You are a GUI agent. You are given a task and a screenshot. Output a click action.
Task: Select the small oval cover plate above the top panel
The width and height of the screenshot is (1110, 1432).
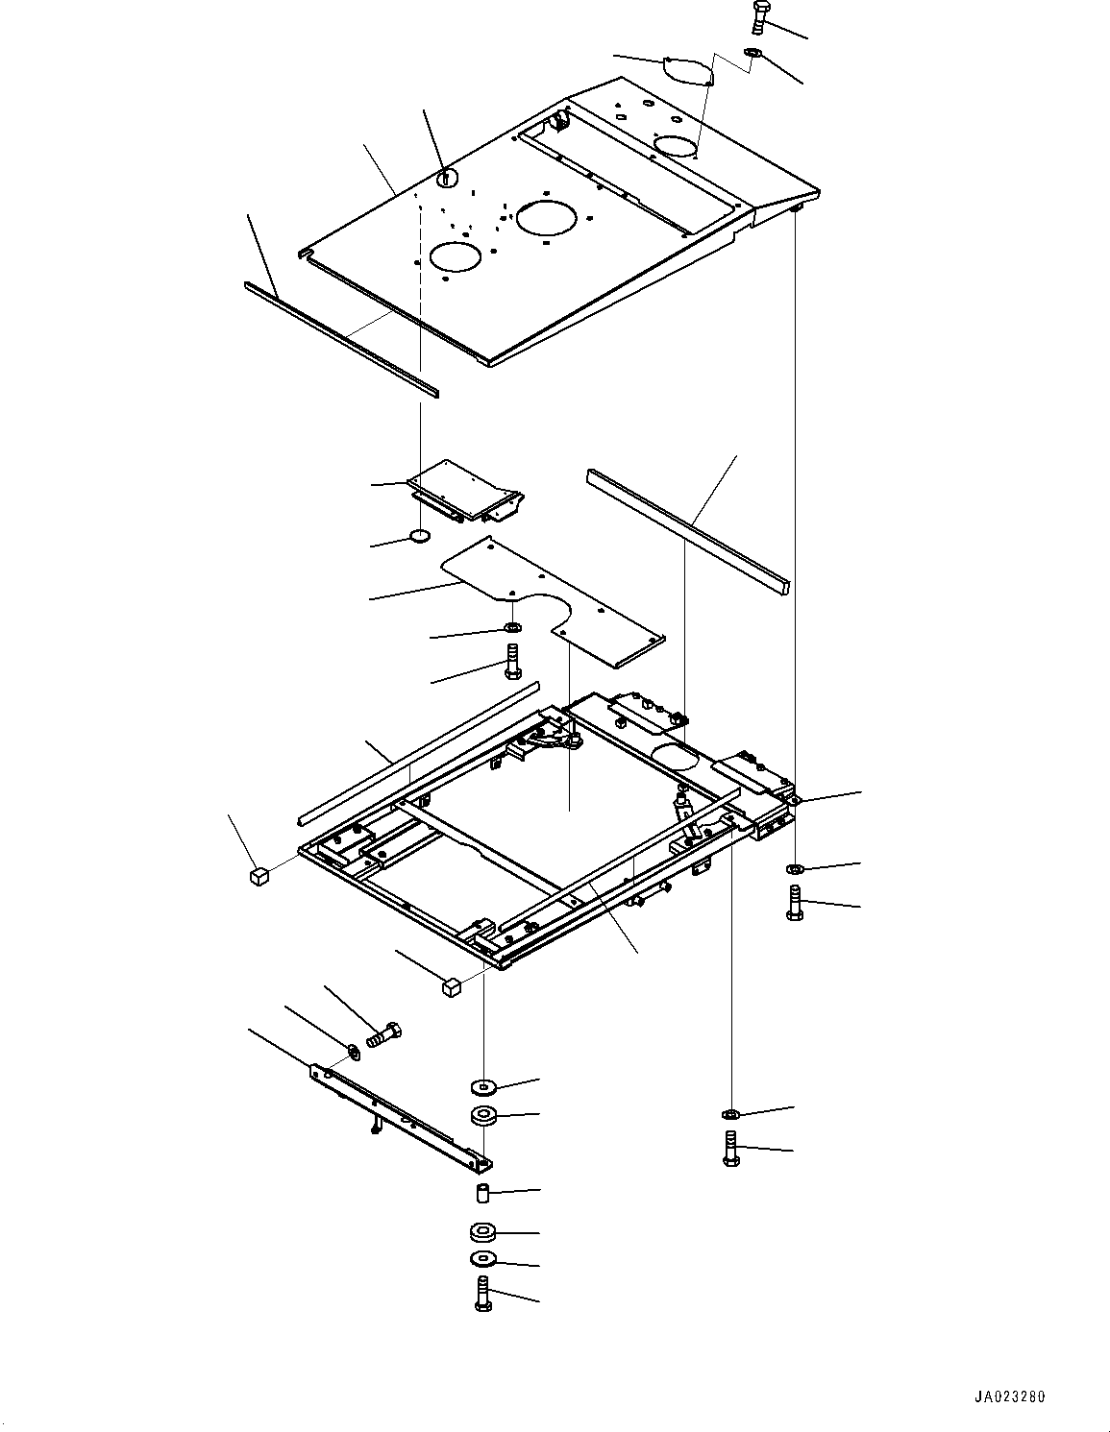click(687, 70)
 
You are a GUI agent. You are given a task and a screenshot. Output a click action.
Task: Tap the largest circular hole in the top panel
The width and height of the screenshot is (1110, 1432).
click(547, 217)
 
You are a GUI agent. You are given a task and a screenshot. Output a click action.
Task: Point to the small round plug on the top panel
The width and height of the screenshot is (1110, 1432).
click(447, 177)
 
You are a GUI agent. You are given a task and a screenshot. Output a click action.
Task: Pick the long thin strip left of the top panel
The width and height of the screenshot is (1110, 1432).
click(341, 340)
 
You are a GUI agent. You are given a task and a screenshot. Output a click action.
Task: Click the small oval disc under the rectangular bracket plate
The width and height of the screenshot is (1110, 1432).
click(420, 536)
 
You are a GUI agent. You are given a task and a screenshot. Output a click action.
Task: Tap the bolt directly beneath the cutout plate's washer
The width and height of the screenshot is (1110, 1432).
click(512, 661)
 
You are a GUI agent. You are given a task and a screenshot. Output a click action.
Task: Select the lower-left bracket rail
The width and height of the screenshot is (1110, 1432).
click(401, 1118)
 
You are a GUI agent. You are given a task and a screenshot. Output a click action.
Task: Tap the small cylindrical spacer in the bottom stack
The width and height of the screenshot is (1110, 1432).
click(483, 1193)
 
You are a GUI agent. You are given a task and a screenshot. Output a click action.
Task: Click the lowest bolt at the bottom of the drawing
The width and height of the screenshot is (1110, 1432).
click(483, 1293)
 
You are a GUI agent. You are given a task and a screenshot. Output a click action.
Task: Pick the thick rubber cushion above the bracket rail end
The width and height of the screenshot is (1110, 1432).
click(483, 1116)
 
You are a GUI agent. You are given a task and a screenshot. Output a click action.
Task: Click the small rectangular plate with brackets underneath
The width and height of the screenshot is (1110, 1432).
click(465, 492)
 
